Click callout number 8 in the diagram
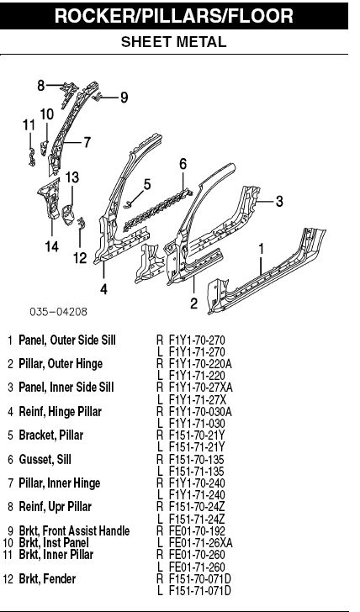41,86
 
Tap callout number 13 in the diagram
71,177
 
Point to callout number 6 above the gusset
183,164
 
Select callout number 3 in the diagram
279,202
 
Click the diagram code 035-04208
59,311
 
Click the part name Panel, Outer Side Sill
67,340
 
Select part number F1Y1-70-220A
200,364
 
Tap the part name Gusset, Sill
45,459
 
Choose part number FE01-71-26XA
201,542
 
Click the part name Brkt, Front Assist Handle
74,530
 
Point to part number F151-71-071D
200,590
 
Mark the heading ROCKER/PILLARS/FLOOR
174,16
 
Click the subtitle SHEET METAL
174,42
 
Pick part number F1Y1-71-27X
198,399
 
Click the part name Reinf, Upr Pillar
55,507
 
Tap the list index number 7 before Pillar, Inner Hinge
11,483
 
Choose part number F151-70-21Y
197,435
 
